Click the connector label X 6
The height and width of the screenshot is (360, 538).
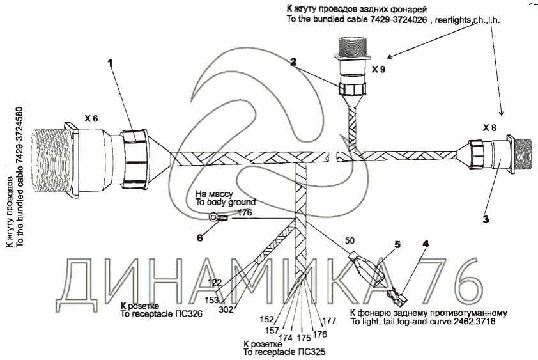[x=91, y=118]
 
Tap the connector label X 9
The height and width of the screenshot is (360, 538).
[x=378, y=70]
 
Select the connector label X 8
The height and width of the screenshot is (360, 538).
[x=489, y=128]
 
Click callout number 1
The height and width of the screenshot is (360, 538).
[x=110, y=63]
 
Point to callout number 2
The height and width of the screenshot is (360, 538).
[x=293, y=62]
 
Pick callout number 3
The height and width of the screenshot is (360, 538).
[x=486, y=219]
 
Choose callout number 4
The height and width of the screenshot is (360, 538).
[x=426, y=244]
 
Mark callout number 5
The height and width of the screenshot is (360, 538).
[x=397, y=244]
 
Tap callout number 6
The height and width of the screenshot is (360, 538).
[x=200, y=237]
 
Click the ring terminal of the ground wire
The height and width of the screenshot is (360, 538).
[x=214, y=216]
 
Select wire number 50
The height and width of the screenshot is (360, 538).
[x=350, y=240]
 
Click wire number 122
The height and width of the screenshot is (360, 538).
[x=215, y=283]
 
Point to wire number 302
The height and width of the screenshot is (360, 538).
[x=226, y=309]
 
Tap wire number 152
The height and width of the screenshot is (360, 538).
[x=267, y=320]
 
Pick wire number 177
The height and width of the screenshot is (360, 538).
[x=329, y=321]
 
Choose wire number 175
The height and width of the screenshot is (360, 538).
[x=304, y=338]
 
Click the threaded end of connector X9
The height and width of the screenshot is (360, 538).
[x=350, y=47]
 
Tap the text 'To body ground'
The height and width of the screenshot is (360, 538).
[x=226, y=202]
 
